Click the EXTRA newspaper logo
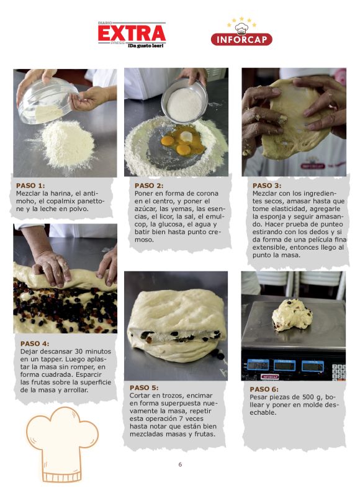[132, 35]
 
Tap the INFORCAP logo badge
[241, 32]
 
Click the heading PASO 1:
[30, 186]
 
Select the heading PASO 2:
[149, 186]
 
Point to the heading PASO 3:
[267, 186]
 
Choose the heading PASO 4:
[35, 343]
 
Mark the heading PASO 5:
[144, 387]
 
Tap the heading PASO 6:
[264, 389]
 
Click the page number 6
[180, 464]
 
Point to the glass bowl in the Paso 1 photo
[47, 101]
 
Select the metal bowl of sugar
[184, 101]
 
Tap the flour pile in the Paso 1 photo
[68, 144]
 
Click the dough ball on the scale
[292, 315]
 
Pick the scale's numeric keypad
[339, 372]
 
